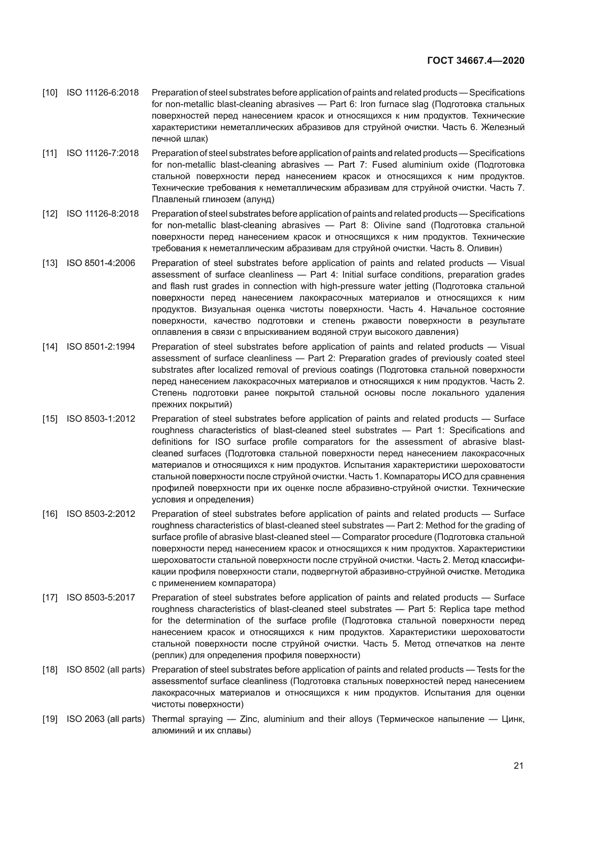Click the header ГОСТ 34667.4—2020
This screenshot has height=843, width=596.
click(x=476, y=61)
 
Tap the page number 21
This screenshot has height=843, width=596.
click(x=518, y=766)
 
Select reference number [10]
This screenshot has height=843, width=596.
click(x=50, y=93)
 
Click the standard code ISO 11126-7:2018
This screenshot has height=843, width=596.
click(x=102, y=153)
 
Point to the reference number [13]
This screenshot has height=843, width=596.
click(x=50, y=263)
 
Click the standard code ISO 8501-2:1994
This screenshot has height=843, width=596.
click(x=101, y=347)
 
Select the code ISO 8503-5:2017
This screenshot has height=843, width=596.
click(x=101, y=598)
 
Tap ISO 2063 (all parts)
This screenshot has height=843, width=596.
click(x=105, y=719)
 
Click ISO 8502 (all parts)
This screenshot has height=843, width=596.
click(x=105, y=670)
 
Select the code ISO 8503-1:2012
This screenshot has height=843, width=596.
click(x=101, y=418)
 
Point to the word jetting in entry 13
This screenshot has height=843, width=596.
click(x=415, y=286)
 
